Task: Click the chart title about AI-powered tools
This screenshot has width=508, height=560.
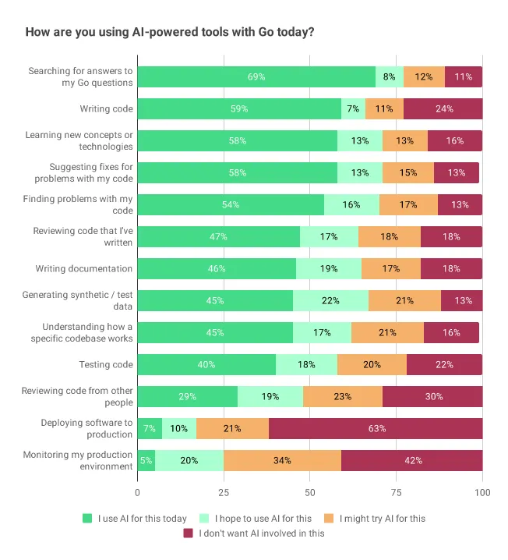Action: [170, 33]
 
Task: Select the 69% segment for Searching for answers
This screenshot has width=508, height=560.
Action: [256, 77]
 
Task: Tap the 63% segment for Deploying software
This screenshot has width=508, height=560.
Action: [376, 428]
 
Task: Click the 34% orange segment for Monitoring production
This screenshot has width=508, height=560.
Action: [282, 460]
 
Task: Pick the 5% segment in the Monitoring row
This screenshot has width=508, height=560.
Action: [146, 460]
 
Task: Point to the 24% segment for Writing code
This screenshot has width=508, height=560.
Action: [443, 109]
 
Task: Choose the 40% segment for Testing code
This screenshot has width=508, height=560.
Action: [206, 364]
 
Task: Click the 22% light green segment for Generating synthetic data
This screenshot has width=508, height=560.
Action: [330, 300]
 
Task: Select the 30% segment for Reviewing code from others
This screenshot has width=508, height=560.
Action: [432, 396]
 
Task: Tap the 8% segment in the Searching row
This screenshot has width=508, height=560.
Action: [390, 77]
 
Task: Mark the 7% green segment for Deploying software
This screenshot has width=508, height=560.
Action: [150, 428]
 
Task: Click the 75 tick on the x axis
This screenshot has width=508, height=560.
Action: [397, 492]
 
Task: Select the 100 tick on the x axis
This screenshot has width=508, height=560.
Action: [482, 492]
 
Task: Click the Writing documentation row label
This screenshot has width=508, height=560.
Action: [83, 269]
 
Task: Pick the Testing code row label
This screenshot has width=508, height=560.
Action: [106, 364]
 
